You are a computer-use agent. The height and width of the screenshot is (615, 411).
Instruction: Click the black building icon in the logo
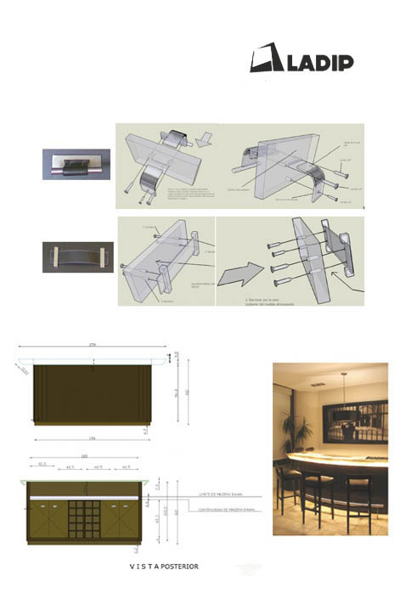pos(268,59)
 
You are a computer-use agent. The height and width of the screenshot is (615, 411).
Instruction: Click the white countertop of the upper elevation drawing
pos(92,363)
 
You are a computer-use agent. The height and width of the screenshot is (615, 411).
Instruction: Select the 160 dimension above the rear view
pos(83,457)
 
